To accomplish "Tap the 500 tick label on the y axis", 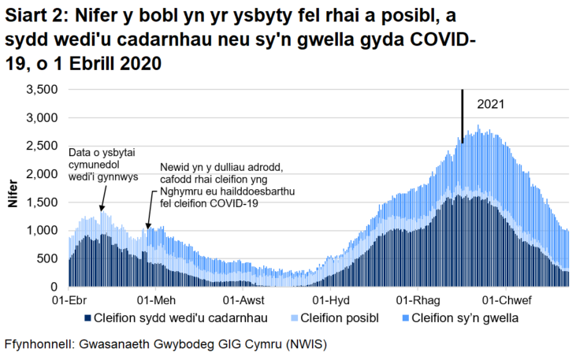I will pos(49,258).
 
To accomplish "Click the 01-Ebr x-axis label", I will pos(69,300).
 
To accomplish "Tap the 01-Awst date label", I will pos(242,300).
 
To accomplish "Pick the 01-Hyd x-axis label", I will pos(331,300).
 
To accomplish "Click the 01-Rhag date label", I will pos(415,300).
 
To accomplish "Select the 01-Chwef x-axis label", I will pos(503,300).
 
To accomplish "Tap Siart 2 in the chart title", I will pos(31,17).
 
